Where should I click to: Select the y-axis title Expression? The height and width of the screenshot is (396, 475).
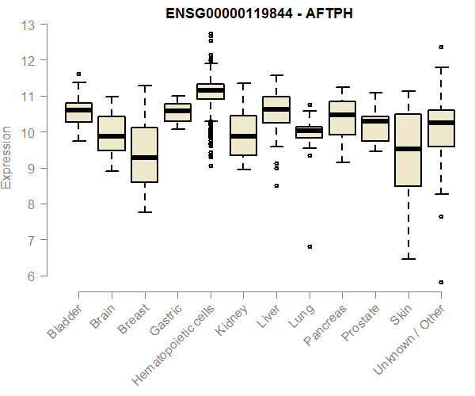pos(7,157)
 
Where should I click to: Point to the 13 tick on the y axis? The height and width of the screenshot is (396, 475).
pos(29,25)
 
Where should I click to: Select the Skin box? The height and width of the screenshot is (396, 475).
pos(408,162)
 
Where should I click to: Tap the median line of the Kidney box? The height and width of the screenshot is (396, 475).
pos(243,136)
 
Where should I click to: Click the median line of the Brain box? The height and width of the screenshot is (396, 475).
pos(112,136)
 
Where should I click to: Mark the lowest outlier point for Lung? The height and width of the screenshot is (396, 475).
pos(310,246)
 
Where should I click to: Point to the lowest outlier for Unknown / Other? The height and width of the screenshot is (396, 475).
pos(441,282)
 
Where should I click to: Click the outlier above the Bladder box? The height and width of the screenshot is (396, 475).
pos(78,74)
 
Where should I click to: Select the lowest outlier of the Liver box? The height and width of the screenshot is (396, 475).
pos(276,185)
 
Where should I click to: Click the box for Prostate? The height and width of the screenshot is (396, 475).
pos(374,128)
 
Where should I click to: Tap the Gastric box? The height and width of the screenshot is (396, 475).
pos(177,112)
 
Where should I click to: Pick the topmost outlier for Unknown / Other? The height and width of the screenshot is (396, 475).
pos(441,47)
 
